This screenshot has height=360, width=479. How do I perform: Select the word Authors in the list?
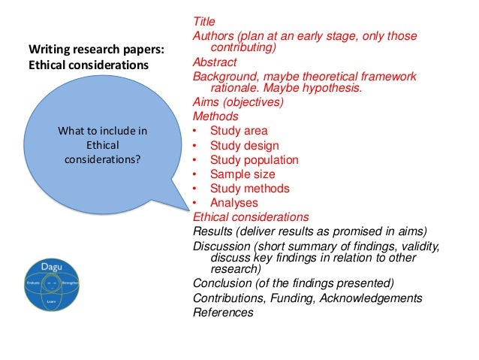point(214,36)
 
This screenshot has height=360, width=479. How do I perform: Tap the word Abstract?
point(215,62)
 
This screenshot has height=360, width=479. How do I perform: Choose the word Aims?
point(207,102)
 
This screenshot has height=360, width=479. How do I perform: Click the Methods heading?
point(216,116)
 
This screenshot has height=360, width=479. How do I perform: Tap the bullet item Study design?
point(244,145)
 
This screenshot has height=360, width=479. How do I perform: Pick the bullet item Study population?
point(254,159)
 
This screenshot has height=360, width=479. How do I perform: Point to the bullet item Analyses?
point(234,202)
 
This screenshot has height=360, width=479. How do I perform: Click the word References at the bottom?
point(224,313)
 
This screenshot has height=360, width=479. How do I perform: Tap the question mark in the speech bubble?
point(140,159)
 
